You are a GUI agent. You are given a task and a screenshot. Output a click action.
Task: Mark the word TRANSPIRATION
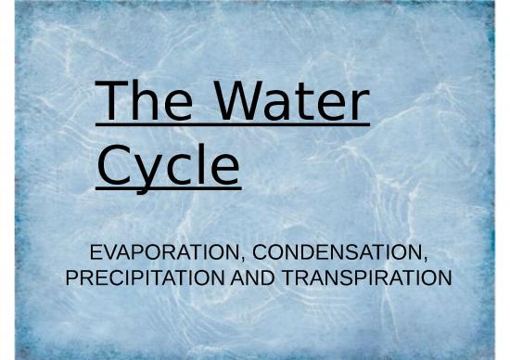360,276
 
